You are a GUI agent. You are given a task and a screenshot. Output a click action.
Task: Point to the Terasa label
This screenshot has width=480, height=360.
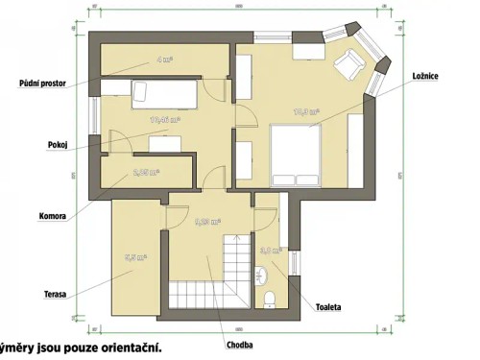(x=26, y=293)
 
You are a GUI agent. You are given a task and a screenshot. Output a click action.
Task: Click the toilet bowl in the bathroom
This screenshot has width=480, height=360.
(x=272, y=297)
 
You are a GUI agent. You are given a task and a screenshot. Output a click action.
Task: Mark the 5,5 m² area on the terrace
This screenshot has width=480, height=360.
(x=134, y=257)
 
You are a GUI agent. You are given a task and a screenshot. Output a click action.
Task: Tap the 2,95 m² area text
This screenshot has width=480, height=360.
(x=146, y=174)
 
